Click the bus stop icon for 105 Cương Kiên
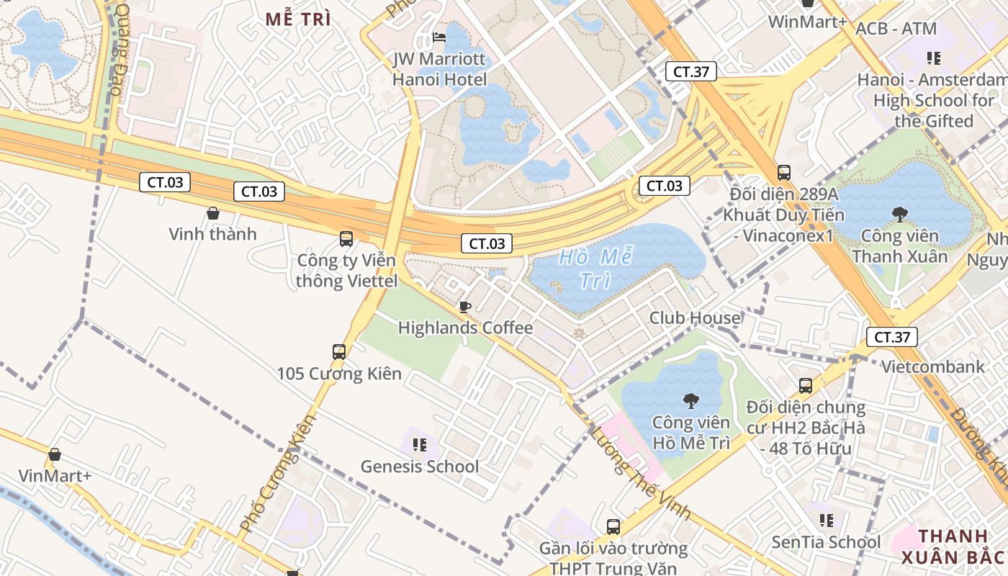(x=339, y=352)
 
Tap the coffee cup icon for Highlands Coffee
(x=465, y=307)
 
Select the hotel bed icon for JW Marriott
(x=439, y=37)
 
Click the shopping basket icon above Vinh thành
(x=213, y=213)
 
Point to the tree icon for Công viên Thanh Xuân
(x=899, y=214)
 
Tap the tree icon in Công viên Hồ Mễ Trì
(x=691, y=400)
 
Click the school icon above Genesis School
(x=420, y=444)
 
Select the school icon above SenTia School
(x=827, y=520)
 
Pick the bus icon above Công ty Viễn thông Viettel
(x=346, y=238)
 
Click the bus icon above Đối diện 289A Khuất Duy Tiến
(x=784, y=173)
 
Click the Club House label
(x=695, y=318)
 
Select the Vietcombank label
(x=933, y=367)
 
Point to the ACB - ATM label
(x=896, y=30)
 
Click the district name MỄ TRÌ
(x=298, y=19)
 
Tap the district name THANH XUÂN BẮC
(x=952, y=546)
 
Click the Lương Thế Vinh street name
(x=640, y=472)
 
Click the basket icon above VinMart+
(x=55, y=454)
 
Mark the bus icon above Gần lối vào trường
(x=613, y=526)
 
